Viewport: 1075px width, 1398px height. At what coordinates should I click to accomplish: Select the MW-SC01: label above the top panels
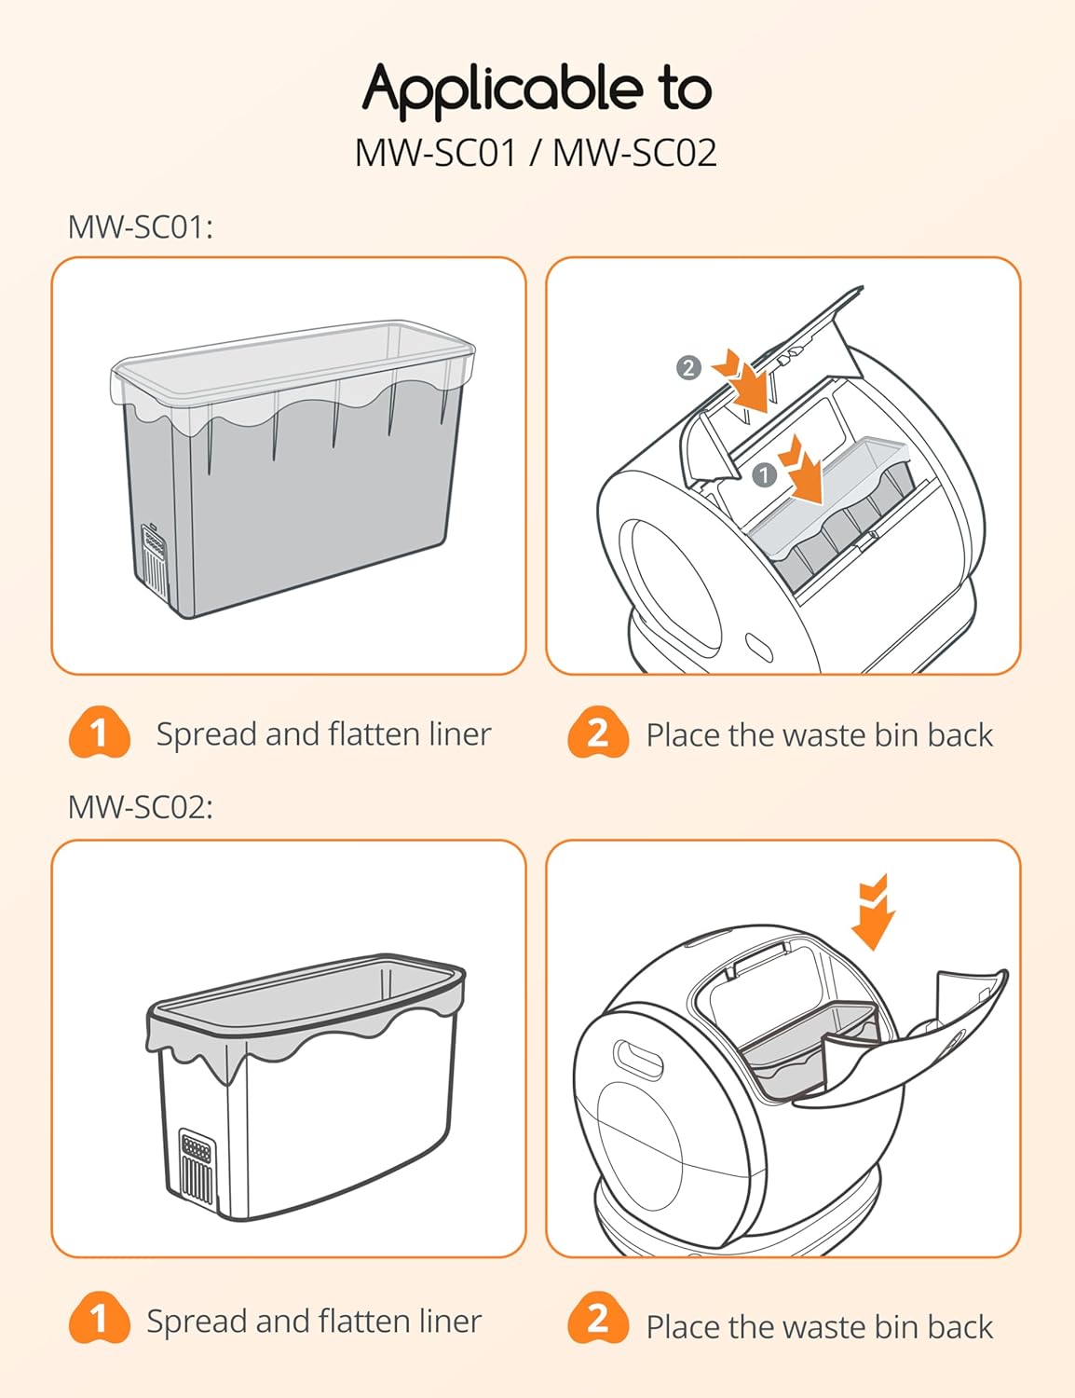141,226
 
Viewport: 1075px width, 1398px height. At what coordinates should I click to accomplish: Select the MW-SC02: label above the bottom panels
141,806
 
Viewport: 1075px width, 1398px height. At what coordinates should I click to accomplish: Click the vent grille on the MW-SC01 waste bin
155,560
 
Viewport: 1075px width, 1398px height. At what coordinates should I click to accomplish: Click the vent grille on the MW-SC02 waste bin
196,1165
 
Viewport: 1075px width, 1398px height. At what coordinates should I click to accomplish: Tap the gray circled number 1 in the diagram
764,475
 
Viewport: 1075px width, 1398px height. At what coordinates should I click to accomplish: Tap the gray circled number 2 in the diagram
687,367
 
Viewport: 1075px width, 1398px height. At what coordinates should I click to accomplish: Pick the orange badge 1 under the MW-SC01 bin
99,733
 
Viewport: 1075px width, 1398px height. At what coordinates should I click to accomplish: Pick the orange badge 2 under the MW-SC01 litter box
598,733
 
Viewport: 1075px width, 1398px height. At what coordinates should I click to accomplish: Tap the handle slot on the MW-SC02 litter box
638,1060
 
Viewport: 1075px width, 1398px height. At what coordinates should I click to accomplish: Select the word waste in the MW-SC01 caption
823,735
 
